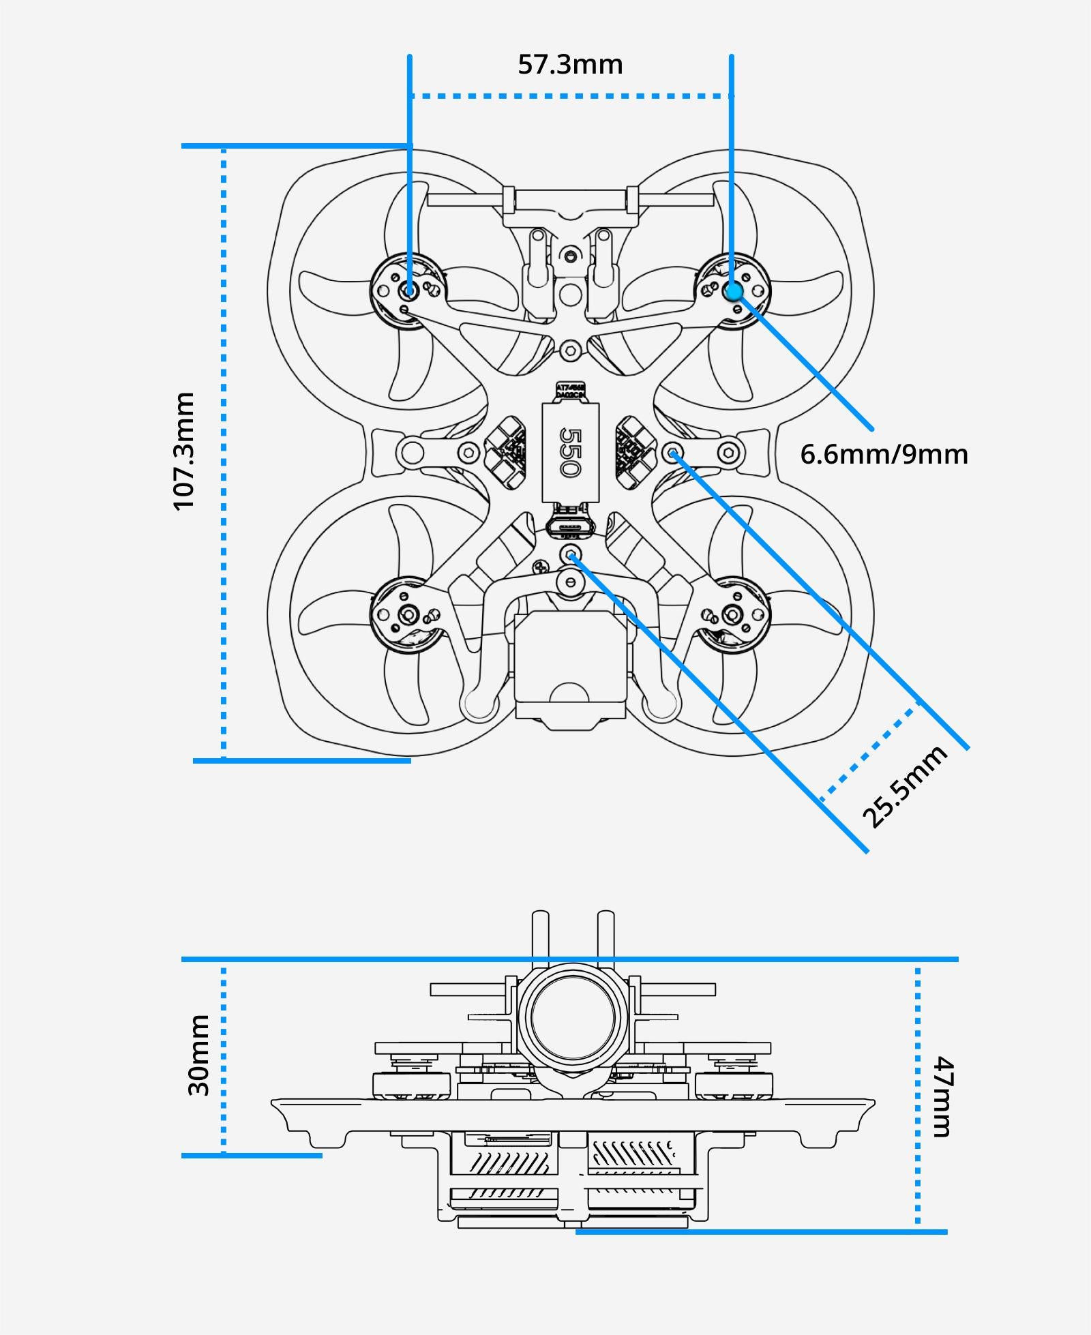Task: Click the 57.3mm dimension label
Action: click(x=570, y=65)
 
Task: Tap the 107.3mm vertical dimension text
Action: click(x=184, y=451)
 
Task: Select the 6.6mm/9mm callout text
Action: click(x=884, y=454)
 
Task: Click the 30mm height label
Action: click(x=198, y=1055)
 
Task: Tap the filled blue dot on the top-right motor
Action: click(x=733, y=291)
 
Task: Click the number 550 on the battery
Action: click(x=569, y=452)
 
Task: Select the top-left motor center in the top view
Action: click(x=409, y=290)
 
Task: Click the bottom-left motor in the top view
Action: click(x=408, y=615)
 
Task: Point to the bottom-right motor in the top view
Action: click(x=733, y=615)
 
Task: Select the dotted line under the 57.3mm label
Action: click(x=570, y=96)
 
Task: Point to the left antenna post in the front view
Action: click(x=540, y=934)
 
